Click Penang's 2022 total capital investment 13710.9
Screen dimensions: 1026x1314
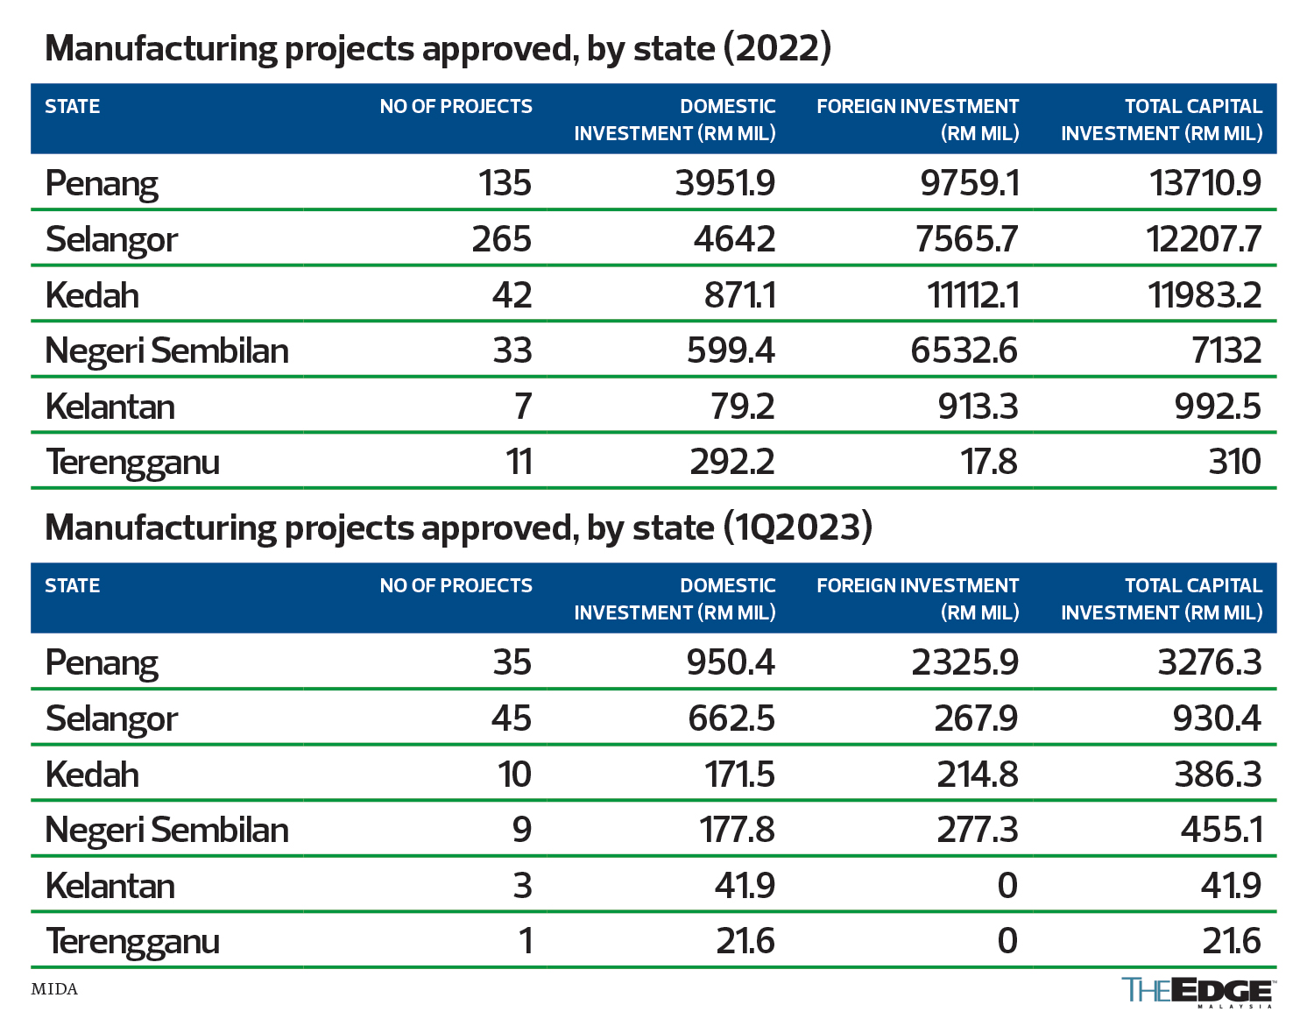1204,183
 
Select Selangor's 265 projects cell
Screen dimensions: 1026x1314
501,239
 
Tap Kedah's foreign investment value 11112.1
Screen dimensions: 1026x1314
972,295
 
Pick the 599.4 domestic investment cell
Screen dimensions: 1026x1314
731,350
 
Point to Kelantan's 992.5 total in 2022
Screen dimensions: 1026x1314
1218,407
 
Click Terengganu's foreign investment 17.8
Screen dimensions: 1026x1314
989,462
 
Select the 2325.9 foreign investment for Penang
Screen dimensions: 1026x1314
964,662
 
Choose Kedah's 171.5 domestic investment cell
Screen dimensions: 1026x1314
739,775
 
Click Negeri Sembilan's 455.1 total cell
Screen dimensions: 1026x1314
1221,830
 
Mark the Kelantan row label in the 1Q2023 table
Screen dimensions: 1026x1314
110,886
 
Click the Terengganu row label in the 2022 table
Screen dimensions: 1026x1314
132,462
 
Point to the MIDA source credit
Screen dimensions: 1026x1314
54,989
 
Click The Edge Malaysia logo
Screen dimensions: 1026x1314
1197,992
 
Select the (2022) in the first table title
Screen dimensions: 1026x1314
777,48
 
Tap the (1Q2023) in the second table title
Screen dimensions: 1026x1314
798,527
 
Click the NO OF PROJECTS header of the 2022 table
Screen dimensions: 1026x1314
456,107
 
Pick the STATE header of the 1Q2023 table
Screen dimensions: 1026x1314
73,586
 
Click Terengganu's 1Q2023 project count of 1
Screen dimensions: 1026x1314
525,941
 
